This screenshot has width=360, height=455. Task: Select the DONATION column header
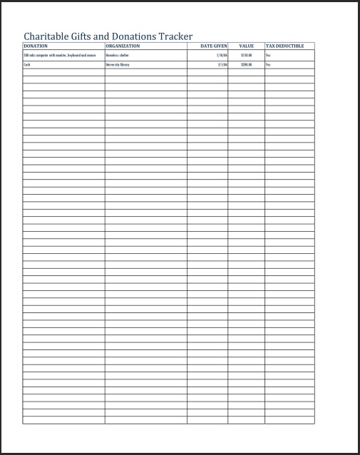[36, 46]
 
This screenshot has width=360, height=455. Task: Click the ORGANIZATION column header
[123, 46]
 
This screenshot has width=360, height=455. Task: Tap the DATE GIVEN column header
[213, 46]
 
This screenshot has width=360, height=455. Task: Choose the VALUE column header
[246, 46]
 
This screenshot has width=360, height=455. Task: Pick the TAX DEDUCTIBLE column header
[284, 46]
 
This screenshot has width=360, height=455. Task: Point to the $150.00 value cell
[247, 55]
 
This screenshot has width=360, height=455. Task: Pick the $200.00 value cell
[247, 64]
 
